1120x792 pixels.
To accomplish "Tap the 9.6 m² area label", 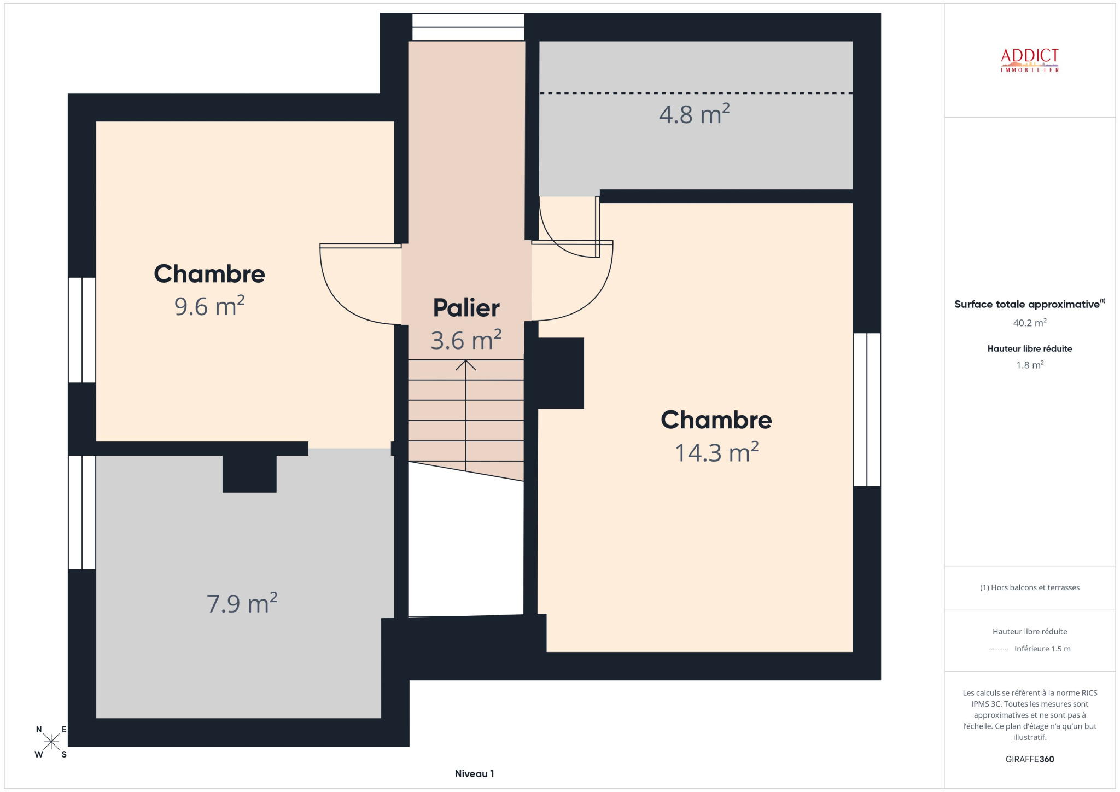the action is [209, 306].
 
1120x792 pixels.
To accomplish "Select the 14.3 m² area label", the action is [716, 452].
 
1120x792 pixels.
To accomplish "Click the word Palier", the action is [466, 308].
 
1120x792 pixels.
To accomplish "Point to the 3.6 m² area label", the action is [466, 340].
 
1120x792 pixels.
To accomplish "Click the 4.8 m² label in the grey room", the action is [694, 114].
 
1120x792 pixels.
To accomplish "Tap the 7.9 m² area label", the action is [242, 603].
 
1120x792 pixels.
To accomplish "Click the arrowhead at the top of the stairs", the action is [466, 364].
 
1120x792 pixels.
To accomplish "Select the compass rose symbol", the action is [51, 742].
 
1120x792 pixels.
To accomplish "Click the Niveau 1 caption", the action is [474, 773].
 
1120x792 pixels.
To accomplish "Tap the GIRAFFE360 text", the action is [1030, 759].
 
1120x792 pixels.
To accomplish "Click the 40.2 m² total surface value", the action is [1030, 323].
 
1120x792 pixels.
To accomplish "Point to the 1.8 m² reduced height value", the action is [1030, 365].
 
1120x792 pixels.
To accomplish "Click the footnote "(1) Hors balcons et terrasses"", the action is [1030, 587].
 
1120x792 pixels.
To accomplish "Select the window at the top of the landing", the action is [468, 27].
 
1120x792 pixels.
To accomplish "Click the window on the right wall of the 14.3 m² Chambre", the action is [867, 409].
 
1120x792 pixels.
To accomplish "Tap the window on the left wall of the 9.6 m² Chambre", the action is [82, 330].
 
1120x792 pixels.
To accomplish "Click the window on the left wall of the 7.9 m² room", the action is [82, 512].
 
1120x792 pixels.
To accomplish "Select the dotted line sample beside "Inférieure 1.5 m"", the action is [999, 649].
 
